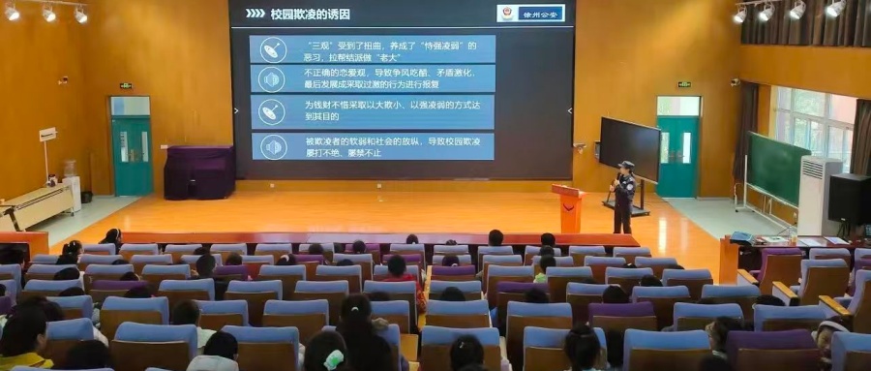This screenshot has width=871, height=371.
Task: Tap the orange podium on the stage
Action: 568,207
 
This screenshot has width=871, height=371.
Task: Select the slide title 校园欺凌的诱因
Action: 310,14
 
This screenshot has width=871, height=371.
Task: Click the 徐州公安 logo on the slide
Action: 530,13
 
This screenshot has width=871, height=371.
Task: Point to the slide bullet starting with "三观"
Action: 373,49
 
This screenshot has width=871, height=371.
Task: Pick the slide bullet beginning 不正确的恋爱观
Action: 373,78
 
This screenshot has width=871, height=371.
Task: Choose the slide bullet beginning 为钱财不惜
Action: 373,110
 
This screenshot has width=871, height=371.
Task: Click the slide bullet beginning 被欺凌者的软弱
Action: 373,145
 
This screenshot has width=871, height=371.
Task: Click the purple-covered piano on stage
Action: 198,172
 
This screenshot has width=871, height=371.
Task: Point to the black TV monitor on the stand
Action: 629,147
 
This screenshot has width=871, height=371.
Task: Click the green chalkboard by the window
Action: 777,168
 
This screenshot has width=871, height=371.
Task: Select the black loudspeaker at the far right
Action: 850,199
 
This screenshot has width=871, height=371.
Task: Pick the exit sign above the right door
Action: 683,85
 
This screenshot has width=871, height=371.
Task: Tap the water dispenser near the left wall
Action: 71,187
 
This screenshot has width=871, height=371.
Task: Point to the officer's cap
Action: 626,165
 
